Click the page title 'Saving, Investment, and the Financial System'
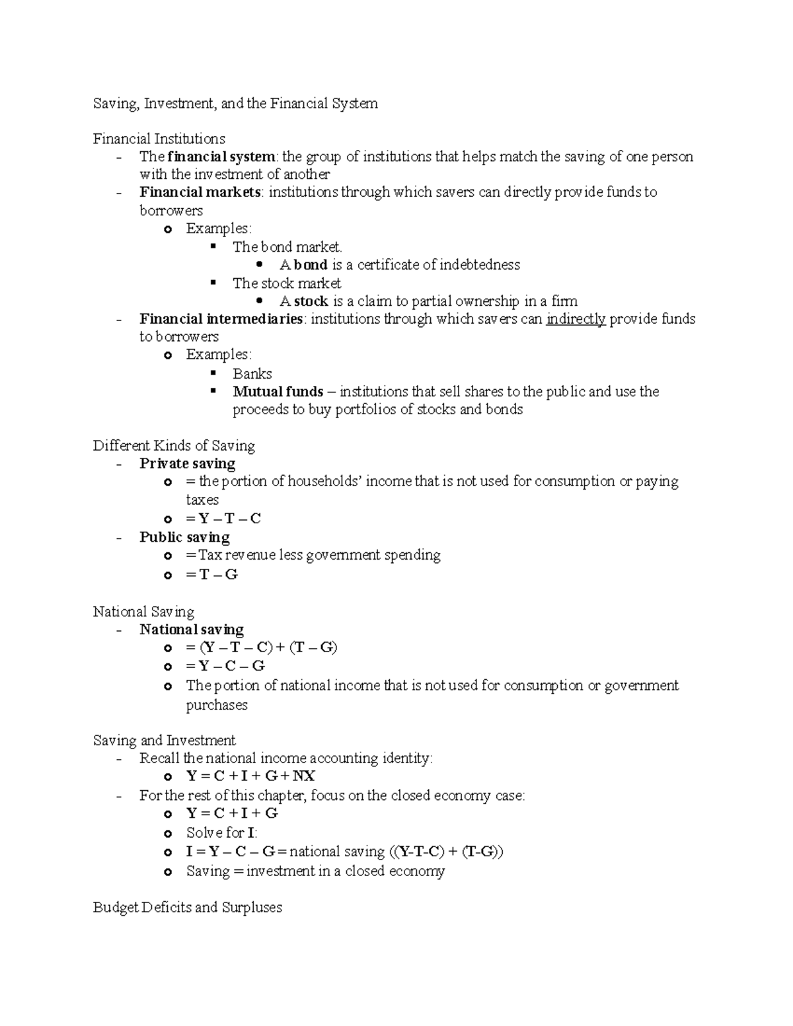pyautogui.click(x=235, y=104)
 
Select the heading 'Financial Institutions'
pyautogui.click(x=159, y=139)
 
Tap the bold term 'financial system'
pyautogui.click(x=221, y=157)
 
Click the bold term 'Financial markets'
pyautogui.click(x=200, y=192)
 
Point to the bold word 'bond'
pyautogui.click(x=311, y=265)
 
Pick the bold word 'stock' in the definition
pyautogui.click(x=311, y=301)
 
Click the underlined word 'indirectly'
pyautogui.click(x=576, y=319)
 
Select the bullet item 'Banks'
pyautogui.click(x=252, y=374)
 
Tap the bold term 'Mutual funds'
pyautogui.click(x=278, y=392)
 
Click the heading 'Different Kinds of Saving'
pyautogui.click(x=174, y=446)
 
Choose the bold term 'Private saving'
pyautogui.click(x=187, y=464)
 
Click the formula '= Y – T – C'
pyautogui.click(x=223, y=519)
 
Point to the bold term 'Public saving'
pyautogui.click(x=184, y=537)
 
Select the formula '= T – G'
pyautogui.click(x=211, y=575)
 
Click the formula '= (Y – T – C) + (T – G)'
pyautogui.click(x=262, y=647)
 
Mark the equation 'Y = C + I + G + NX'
pyautogui.click(x=250, y=776)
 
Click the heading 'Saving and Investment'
pyautogui.click(x=164, y=741)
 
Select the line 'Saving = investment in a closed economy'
pyautogui.click(x=315, y=871)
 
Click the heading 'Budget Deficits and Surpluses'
pyautogui.click(x=187, y=908)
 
